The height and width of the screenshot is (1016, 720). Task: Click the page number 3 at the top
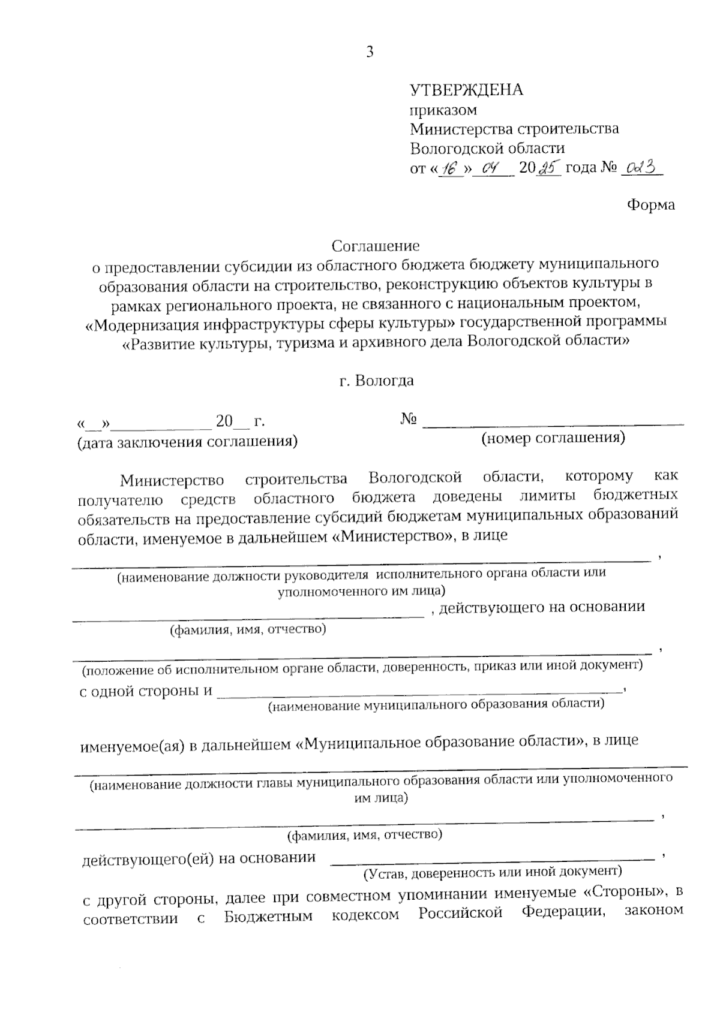(370, 52)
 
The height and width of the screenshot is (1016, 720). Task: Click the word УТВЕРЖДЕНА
(466, 90)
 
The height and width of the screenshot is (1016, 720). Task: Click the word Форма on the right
(650, 205)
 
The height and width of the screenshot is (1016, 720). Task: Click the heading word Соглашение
(376, 246)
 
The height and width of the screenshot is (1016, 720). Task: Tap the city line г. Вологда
(376, 381)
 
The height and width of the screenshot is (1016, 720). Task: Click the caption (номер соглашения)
(553, 438)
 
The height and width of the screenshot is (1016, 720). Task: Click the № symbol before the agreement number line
(408, 420)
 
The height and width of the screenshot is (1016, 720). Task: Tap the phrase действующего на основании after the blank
(542, 607)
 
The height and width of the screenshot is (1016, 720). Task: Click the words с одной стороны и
(146, 691)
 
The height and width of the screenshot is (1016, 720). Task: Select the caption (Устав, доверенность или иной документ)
(492, 870)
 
